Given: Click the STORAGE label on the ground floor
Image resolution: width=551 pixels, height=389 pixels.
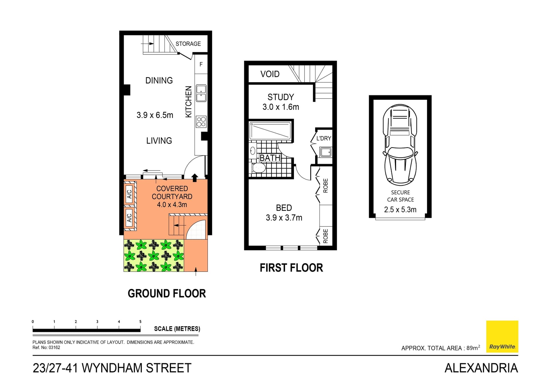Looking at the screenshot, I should [188, 44].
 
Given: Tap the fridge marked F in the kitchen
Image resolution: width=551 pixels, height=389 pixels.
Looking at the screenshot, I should [201, 64].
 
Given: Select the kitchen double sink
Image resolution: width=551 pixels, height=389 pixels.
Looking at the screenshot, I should [201, 93].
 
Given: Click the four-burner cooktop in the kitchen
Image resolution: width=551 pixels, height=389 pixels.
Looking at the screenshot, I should [201, 122].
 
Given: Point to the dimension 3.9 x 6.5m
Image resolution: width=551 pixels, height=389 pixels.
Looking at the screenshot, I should [155, 115].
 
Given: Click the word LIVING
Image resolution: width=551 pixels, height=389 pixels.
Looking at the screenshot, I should [159, 141].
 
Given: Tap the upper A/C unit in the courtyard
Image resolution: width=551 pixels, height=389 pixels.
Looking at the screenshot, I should [129, 194].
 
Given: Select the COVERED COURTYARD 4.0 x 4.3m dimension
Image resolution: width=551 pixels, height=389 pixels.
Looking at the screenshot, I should [172, 205].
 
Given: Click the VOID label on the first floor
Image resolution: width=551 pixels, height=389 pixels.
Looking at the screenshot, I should [270, 74].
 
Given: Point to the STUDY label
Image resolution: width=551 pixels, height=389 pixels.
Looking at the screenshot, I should [281, 97].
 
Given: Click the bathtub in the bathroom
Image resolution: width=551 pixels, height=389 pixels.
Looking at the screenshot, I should [270, 131].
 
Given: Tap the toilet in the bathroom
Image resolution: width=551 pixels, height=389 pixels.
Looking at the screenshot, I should [258, 168].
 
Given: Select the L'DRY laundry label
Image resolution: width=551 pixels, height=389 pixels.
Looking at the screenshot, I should [324, 138].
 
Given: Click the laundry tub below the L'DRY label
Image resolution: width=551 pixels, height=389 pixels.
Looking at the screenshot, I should [326, 152].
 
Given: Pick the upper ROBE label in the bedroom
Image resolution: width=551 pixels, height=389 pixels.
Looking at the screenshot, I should [325, 186].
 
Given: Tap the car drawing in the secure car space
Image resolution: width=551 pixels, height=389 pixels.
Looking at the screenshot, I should [400, 145].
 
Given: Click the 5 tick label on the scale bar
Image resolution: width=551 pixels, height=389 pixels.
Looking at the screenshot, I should [140, 322].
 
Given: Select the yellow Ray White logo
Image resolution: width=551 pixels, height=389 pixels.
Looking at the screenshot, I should [502, 336].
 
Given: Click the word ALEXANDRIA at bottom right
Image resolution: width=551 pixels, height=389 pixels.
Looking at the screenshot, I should [481, 368].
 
